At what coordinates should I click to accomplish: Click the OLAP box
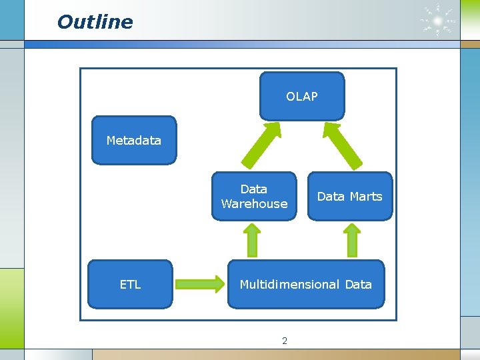coord(302,97)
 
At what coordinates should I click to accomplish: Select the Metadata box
coord(133,140)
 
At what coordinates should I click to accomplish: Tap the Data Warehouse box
coord(254,196)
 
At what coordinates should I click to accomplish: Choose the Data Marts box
coord(349,196)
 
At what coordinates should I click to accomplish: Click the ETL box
coord(130,285)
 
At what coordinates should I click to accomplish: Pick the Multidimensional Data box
coord(306,285)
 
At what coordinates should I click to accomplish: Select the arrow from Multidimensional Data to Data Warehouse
coord(253,239)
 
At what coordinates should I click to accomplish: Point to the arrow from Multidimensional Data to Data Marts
coord(351,239)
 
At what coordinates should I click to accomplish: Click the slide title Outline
coord(95,22)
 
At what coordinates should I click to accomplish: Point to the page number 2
coord(285,341)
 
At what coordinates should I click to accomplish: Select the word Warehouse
coord(254,204)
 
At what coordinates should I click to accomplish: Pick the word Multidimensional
coord(289,285)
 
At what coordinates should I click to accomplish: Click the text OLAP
coord(302,97)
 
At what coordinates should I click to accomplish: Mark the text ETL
coord(130,285)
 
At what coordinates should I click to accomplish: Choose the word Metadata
coord(133,141)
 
